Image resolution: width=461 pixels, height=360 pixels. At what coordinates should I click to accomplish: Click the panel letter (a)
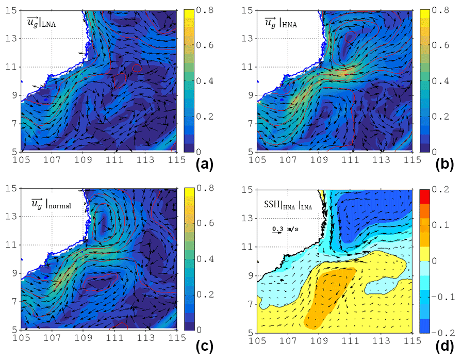(x=205, y=165)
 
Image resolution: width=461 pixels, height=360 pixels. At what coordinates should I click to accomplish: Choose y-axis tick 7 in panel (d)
(x=252, y=301)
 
